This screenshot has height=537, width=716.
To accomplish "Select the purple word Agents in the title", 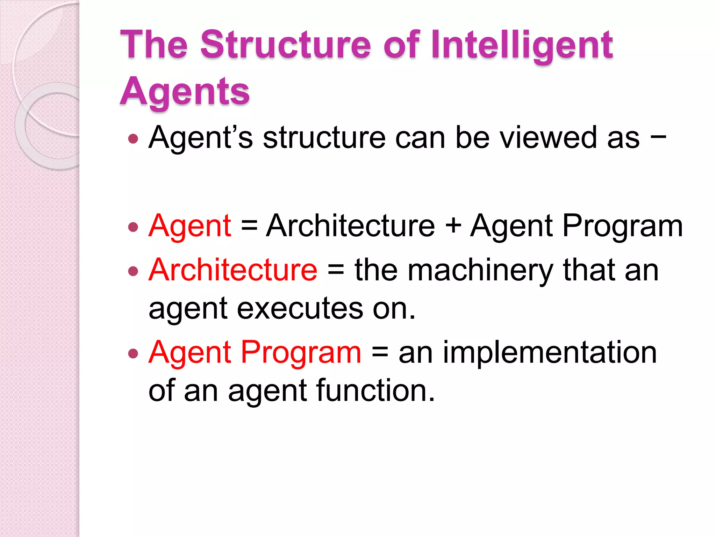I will point(185,92).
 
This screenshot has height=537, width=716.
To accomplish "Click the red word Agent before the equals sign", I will point(189,226).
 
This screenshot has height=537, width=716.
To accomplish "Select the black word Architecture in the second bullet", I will point(350,226).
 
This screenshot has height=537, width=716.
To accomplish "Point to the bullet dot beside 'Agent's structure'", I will point(133,139).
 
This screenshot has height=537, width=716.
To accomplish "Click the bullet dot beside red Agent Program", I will point(133,353).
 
